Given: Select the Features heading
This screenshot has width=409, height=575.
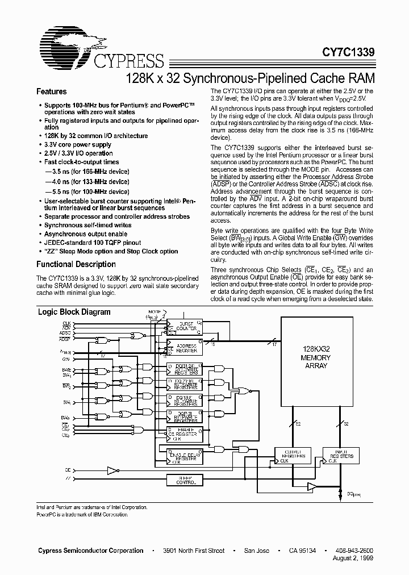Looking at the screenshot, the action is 52,91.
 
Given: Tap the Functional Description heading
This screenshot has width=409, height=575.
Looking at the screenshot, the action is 76,264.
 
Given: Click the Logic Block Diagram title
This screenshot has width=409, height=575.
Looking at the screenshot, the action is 74,312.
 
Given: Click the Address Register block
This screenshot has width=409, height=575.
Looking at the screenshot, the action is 185,347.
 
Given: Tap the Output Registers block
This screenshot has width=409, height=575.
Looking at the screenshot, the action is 290,455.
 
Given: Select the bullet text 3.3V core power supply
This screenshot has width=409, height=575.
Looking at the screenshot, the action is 78,144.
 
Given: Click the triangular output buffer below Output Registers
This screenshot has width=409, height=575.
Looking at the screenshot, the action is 311,486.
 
